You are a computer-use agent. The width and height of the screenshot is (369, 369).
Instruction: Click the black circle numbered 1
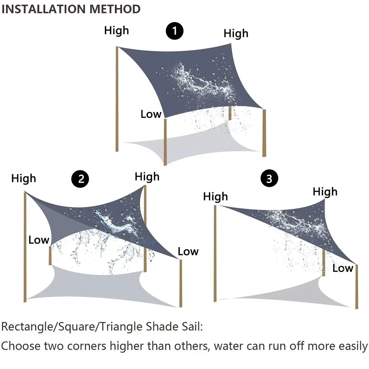coord(175,31)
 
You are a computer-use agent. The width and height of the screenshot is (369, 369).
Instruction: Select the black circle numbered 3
coord(269,178)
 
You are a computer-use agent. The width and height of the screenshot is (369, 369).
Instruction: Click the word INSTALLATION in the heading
coord(44,9)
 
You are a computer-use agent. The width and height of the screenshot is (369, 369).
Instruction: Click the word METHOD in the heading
coord(115,9)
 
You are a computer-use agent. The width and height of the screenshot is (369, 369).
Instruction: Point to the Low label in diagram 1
coord(151,114)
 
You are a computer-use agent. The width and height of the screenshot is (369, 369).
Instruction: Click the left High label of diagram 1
coord(116,30)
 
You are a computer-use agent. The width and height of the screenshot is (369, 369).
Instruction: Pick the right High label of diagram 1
coord(236,33)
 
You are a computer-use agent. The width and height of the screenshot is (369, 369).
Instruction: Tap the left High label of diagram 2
coord(23,178)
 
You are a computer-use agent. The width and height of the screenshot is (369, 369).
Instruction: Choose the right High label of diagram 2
coord(147,177)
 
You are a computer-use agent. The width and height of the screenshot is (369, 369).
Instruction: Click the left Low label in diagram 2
coord(39,240)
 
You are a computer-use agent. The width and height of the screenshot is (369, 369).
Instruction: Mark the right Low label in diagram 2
coord(188,252)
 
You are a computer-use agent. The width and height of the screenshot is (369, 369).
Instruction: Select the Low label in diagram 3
coord(343,268)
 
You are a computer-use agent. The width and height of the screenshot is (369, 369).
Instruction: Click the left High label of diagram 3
coord(215,196)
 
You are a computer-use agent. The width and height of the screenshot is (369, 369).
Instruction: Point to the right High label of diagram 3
coord(325,192)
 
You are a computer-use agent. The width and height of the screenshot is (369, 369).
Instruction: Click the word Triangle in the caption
coord(121,327)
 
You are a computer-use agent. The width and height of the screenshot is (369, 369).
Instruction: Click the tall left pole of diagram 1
coord(117,98)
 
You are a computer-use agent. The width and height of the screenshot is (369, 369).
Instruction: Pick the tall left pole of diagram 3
coord(215,252)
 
